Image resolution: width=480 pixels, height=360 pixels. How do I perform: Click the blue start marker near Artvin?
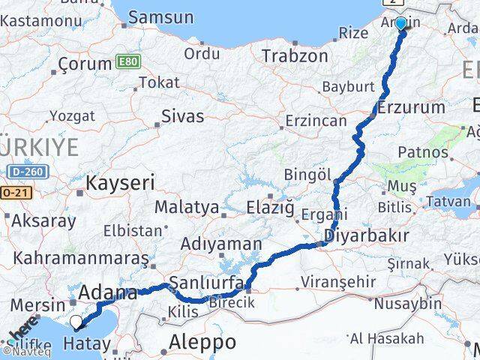pos(400,24)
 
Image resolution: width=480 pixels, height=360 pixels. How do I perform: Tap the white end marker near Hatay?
pos(76,323)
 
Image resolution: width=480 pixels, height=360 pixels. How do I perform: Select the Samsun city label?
pos(160,17)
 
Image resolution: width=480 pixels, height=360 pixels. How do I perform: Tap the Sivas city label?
pos(183,115)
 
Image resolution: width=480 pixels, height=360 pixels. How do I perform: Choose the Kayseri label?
pos(120,181)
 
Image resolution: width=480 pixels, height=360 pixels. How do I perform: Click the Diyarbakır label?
pos(367,236)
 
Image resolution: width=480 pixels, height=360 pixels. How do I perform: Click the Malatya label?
pos(187,206)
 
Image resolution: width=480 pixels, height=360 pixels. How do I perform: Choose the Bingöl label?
pos(307,175)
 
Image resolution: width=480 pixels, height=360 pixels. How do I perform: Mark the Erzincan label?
pos(316,120)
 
